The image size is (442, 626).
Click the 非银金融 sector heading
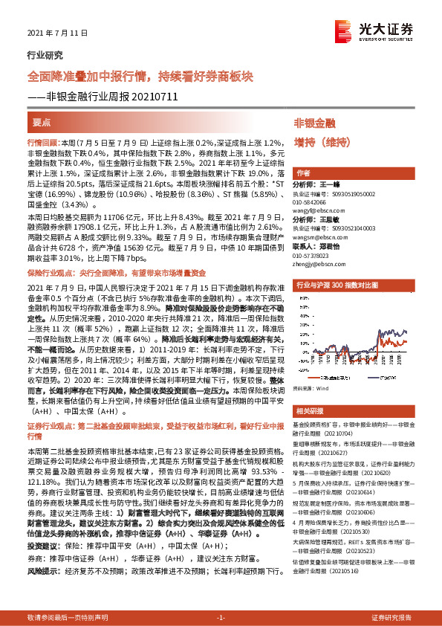pyautogui.click(x=315, y=122)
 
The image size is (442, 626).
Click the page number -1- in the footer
pyautogui.click(x=221, y=618)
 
